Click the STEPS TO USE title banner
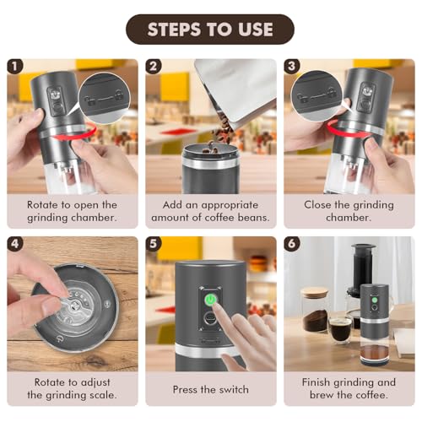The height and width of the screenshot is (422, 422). [210, 30]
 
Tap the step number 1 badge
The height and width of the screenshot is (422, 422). [14, 67]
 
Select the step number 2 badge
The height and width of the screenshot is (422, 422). [153, 67]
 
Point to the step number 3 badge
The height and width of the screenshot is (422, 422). [291, 67]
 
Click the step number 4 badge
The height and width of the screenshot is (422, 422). [14, 244]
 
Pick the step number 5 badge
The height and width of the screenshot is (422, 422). [153, 244]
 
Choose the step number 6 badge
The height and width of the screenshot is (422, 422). [291, 244]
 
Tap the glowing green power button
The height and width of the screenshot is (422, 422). [210, 300]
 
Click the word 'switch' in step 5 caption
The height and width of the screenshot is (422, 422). [234, 390]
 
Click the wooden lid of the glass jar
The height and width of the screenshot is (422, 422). [315, 292]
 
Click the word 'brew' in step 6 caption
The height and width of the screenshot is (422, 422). [322, 395]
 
